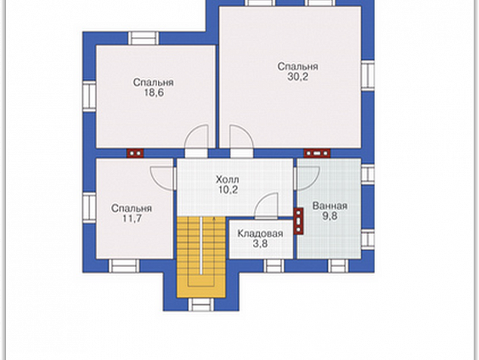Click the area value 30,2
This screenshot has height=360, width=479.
(298, 77)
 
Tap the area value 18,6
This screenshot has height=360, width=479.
(153, 93)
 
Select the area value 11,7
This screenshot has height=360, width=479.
(132, 219)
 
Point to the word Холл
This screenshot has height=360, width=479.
(227, 179)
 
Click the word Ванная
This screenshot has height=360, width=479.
(330, 206)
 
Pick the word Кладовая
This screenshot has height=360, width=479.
(260, 234)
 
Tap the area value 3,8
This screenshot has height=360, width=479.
(260, 244)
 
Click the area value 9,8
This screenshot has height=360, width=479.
(330, 216)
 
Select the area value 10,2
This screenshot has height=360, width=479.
(228, 190)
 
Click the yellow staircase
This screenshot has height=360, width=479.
(201, 256)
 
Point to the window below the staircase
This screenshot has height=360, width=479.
(201, 304)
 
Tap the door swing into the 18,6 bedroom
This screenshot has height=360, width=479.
(197, 138)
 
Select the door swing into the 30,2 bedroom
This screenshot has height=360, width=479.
(241, 138)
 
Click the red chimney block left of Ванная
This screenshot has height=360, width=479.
(298, 221)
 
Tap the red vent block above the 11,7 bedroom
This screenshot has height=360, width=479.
(135, 153)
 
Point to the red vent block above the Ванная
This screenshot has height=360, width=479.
(317, 153)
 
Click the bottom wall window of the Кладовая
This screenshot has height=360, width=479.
(273, 265)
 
